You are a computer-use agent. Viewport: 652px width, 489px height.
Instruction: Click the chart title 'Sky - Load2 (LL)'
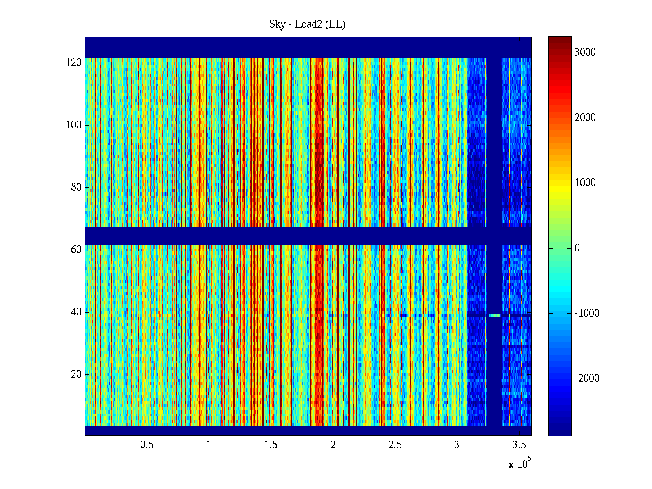click(x=307, y=24)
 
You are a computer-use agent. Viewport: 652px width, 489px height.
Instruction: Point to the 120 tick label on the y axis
click(x=74, y=63)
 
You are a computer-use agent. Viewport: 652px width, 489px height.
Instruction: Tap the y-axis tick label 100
click(x=74, y=125)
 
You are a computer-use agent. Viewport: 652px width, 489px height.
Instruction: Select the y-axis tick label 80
click(x=76, y=187)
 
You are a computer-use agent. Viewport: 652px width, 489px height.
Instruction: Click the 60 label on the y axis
click(x=76, y=250)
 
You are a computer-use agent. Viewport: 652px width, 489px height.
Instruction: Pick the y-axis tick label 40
click(x=76, y=312)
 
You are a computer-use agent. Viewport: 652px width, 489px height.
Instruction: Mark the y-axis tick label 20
click(x=76, y=374)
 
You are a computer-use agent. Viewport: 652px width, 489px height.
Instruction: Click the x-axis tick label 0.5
click(x=147, y=445)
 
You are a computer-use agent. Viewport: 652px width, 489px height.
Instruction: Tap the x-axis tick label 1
click(x=209, y=445)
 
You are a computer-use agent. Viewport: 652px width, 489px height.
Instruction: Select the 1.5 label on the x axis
click(x=271, y=445)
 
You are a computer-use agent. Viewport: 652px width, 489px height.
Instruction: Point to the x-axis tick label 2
click(x=333, y=445)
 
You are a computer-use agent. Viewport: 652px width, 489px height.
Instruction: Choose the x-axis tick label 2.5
click(x=395, y=445)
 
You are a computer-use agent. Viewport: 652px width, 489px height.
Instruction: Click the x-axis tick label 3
click(x=457, y=445)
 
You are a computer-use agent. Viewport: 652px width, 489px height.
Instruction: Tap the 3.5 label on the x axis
click(x=519, y=445)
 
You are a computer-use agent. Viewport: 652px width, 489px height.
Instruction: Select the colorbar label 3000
click(x=585, y=53)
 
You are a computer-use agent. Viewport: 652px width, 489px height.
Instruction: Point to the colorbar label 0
click(x=577, y=248)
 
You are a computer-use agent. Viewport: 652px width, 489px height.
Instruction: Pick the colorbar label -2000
click(x=587, y=379)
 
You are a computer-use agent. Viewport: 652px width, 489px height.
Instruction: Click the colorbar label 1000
click(x=585, y=183)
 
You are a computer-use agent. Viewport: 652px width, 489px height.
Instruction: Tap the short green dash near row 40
click(x=495, y=315)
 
